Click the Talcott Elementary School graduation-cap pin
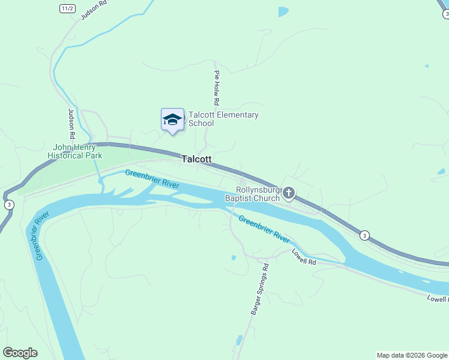point(172,119)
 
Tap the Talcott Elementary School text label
point(223,119)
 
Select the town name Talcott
point(196,159)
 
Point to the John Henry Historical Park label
point(77,151)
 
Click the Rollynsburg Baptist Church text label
point(252,194)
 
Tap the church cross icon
point(289,193)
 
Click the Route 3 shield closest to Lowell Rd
point(364,235)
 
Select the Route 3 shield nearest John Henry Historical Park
point(9,205)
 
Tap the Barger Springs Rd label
point(260,289)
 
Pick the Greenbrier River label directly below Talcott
point(152,179)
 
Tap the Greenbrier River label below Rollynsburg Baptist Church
point(264,229)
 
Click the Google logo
point(20,353)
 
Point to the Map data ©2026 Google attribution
point(412,355)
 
